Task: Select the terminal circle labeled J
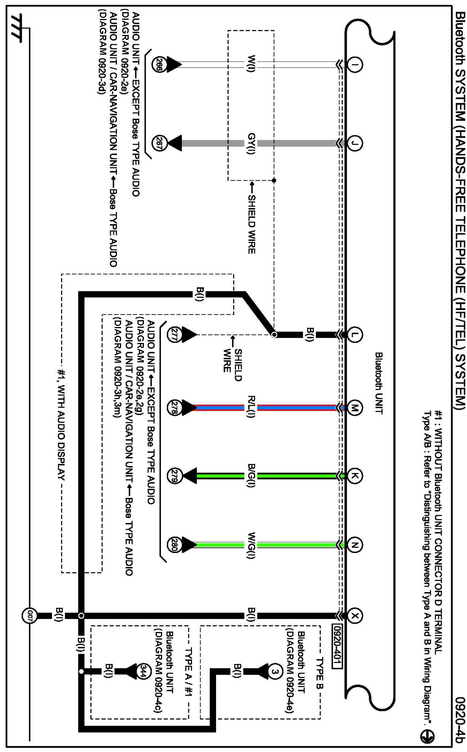point(355,143)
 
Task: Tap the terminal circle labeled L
point(355,335)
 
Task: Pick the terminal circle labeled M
point(355,408)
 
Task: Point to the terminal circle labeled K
point(355,476)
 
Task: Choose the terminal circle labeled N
point(355,545)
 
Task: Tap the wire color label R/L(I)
point(251,408)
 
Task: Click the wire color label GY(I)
point(251,143)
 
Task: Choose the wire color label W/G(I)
point(251,545)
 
